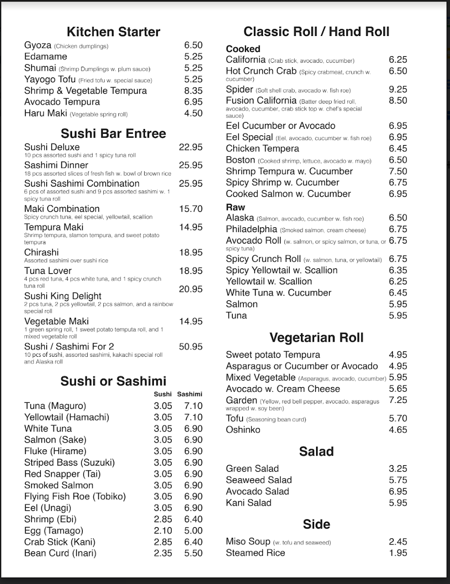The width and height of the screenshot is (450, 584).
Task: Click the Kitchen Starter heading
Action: [113, 32]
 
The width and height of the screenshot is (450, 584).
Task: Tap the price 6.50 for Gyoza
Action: [193, 45]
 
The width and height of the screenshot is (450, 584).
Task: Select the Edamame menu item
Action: [45, 56]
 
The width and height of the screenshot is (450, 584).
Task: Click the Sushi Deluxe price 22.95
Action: [190, 147]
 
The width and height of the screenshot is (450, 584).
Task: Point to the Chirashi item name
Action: [41, 252]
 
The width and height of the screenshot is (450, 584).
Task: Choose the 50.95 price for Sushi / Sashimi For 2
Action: [190, 347]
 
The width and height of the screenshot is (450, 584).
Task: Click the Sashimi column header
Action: [189, 394]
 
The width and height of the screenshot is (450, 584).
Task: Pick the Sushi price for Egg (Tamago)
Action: [163, 530]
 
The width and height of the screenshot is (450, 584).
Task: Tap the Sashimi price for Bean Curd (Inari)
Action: [193, 553]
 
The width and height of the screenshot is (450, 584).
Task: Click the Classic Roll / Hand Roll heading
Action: [317, 32]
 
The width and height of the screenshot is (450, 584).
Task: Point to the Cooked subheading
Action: [243, 49]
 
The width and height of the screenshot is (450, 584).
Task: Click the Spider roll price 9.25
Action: [398, 89]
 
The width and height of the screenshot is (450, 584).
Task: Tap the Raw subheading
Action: [235, 207]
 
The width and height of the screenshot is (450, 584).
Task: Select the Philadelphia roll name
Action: [251, 229]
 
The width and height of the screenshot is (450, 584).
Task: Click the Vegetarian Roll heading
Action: [317, 338]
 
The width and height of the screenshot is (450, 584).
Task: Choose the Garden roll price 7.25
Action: [398, 400]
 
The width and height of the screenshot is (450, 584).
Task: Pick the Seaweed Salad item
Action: [259, 480]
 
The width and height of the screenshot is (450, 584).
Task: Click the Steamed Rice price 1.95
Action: [398, 553]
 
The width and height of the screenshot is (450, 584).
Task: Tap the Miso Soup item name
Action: [248, 542]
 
